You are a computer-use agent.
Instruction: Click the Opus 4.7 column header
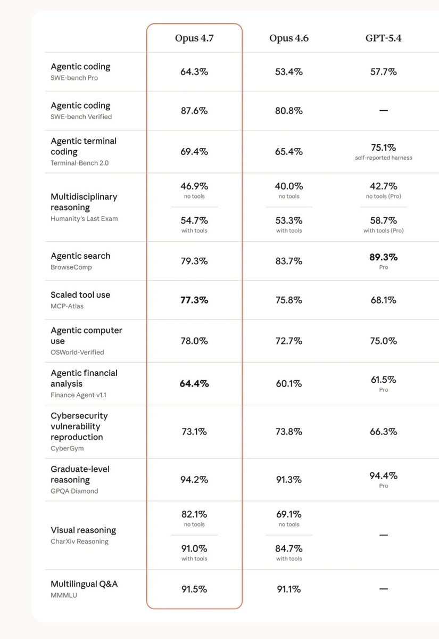[194, 38]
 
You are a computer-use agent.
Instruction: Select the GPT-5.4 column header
[384, 38]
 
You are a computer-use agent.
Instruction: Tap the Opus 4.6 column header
[289, 38]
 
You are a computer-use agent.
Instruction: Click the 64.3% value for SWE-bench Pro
[194, 71]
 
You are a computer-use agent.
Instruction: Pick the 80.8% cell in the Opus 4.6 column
[289, 111]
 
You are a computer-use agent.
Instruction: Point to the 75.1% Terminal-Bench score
[384, 148]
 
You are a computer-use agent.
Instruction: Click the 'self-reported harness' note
[384, 158]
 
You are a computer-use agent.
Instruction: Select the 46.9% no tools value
[194, 186]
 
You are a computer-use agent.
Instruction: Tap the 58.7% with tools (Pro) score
[384, 220]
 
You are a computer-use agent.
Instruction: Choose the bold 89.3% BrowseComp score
[384, 257]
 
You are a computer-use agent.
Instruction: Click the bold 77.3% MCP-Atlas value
[194, 300]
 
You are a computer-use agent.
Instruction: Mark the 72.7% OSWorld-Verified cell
[289, 341]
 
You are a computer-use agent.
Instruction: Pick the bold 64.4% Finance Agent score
[194, 384]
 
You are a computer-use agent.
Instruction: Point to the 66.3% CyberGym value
[384, 432]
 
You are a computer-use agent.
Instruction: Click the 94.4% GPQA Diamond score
[384, 476]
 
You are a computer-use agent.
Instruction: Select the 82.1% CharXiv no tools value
[194, 514]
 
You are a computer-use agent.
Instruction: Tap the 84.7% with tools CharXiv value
[289, 548]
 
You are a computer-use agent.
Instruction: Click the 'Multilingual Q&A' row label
[84, 584]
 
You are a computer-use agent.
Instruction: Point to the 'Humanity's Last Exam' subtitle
[84, 219]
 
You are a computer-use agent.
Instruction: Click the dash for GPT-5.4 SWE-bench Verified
[384, 110]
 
